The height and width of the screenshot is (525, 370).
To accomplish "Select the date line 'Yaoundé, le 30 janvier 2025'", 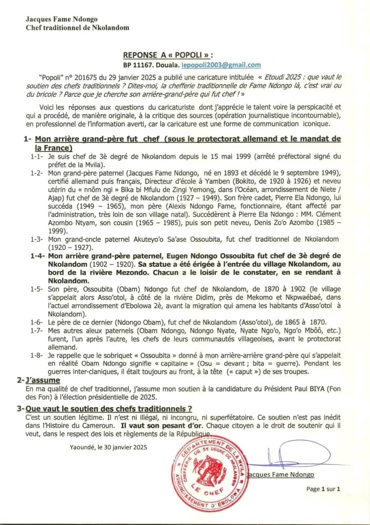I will coord(108,447).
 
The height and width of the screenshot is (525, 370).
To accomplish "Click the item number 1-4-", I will coord(38,256).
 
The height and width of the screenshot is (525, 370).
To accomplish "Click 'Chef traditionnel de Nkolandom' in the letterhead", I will coord(78,28).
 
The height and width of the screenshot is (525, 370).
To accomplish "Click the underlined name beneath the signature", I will coord(281,475).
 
